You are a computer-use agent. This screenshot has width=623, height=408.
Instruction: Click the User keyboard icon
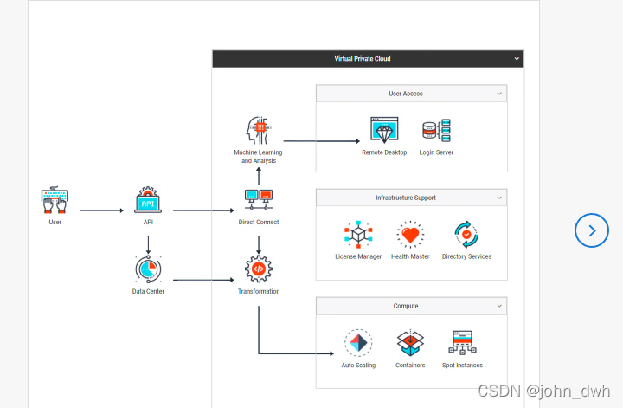click(55, 201)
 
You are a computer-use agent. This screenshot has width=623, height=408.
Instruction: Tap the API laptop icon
click(148, 201)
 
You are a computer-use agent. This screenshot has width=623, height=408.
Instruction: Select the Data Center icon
click(148, 269)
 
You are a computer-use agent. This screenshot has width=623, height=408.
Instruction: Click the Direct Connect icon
click(259, 201)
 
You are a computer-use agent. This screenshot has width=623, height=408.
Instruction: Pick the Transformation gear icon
click(259, 269)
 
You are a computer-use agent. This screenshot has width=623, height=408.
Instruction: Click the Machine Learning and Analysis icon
click(259, 131)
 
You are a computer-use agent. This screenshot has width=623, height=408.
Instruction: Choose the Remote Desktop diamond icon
click(383, 131)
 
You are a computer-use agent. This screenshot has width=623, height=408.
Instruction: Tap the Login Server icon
click(436, 131)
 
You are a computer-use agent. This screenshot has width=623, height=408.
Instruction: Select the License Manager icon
click(357, 235)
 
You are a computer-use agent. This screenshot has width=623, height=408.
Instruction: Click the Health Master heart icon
click(410, 235)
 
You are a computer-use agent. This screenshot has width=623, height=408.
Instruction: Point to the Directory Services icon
click(466, 235)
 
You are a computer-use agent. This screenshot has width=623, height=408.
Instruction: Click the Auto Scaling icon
click(358, 343)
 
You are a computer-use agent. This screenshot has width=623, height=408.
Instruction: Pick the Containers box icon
click(410, 343)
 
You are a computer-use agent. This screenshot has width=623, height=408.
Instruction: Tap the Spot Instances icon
click(462, 343)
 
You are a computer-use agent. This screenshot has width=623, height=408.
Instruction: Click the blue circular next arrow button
click(592, 230)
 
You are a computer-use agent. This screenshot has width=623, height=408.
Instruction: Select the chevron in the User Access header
click(499, 94)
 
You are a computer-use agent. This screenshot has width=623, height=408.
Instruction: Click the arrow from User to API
click(101, 210)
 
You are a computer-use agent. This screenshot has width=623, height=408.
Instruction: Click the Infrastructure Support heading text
click(406, 198)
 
